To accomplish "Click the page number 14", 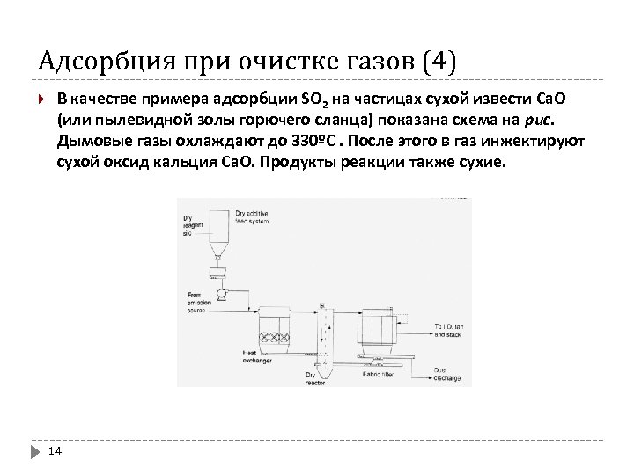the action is click(54, 451).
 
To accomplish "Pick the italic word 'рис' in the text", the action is click(544, 119).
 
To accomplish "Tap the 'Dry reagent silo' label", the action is click(191, 225).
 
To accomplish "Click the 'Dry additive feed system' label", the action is click(254, 216).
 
